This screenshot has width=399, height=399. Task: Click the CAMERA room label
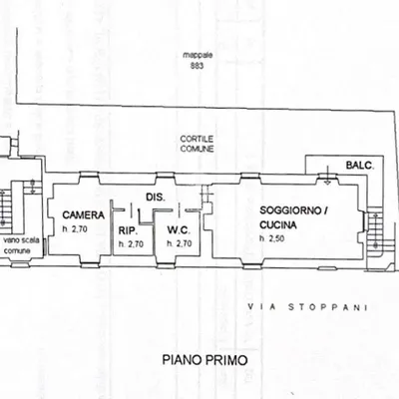83,215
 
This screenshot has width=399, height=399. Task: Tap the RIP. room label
128,230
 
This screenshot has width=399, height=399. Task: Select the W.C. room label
179,229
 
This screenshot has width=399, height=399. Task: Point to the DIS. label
156,198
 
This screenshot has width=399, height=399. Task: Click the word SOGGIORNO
291,210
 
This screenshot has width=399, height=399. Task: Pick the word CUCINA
278,225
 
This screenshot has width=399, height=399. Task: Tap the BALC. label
360,165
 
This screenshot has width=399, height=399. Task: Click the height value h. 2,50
271,238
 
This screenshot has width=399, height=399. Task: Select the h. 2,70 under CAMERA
75,229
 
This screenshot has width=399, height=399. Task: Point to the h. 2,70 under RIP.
131,244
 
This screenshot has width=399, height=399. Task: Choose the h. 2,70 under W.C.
180,243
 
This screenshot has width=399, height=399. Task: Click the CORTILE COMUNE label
197,144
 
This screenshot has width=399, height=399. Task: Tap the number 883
197,66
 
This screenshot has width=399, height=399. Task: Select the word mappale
198,55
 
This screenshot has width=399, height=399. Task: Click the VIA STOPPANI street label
308,307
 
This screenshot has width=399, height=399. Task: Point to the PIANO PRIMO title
204,360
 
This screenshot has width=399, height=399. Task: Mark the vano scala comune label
21,245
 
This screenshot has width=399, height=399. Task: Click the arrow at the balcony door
327,175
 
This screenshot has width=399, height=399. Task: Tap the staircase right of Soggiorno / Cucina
375,229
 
